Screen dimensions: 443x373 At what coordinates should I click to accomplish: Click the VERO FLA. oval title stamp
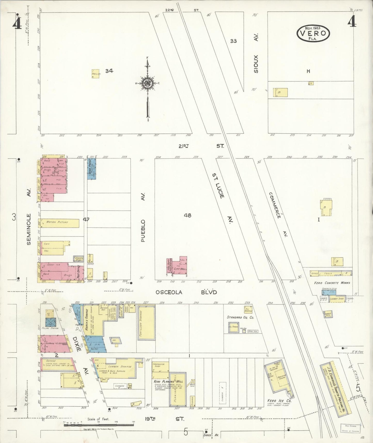(314, 33)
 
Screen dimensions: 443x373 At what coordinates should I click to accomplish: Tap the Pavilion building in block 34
(96, 73)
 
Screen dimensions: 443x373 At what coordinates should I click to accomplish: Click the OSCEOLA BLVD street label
(186, 292)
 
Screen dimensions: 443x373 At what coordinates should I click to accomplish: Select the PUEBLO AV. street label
(144, 230)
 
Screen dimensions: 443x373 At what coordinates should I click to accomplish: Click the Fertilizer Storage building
(146, 323)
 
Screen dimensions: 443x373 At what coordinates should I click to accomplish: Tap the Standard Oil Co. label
(240, 317)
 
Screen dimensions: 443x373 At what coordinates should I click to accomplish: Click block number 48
(188, 215)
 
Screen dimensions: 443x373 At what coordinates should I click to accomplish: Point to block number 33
(233, 41)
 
